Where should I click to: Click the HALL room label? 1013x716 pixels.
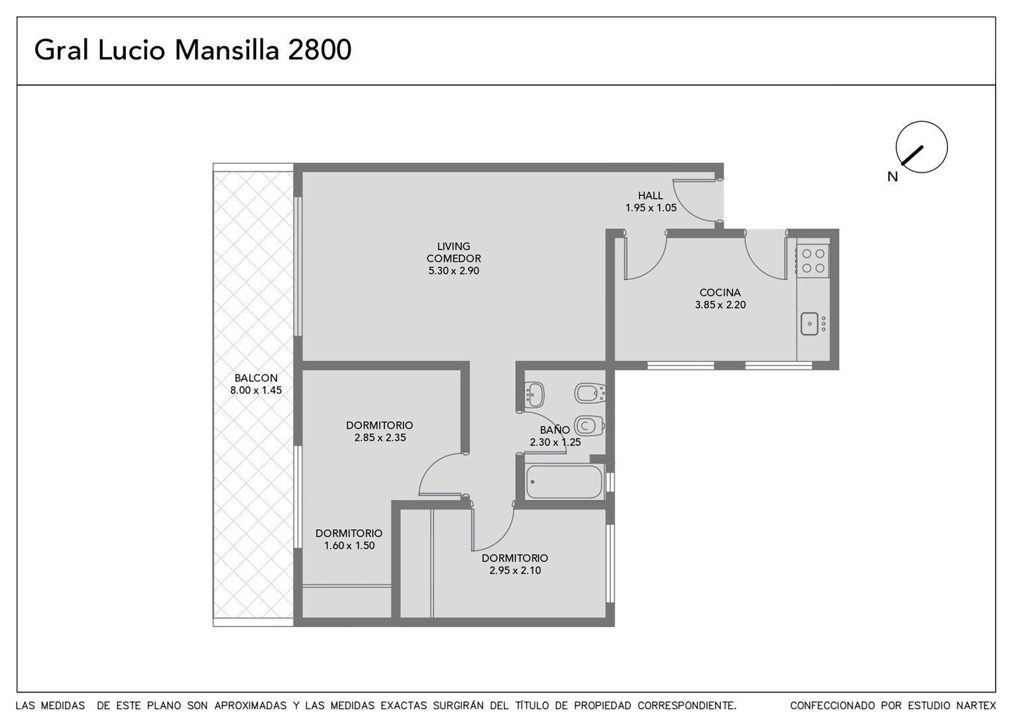[650, 196]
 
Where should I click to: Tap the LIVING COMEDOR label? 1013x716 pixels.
[453, 253]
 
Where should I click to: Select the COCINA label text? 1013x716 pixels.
[720, 292]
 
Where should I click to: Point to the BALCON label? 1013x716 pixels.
[256, 378]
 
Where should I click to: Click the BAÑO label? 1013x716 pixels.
[555, 429]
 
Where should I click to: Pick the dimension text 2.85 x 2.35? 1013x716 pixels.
[380, 438]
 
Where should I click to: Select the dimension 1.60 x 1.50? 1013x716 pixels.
[349, 546]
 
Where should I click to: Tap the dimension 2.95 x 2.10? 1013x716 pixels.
[515, 570]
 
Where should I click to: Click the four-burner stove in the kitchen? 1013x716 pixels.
[813, 261]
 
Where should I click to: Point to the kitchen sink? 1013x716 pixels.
[809, 324]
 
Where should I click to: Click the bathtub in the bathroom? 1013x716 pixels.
[564, 482]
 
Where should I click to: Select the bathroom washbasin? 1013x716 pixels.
[534, 395]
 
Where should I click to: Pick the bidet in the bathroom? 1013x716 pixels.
[590, 393]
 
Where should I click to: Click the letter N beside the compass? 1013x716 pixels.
[892, 177]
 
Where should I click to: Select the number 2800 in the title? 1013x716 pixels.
[320, 50]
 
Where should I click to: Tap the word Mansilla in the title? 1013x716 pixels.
[227, 50]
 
